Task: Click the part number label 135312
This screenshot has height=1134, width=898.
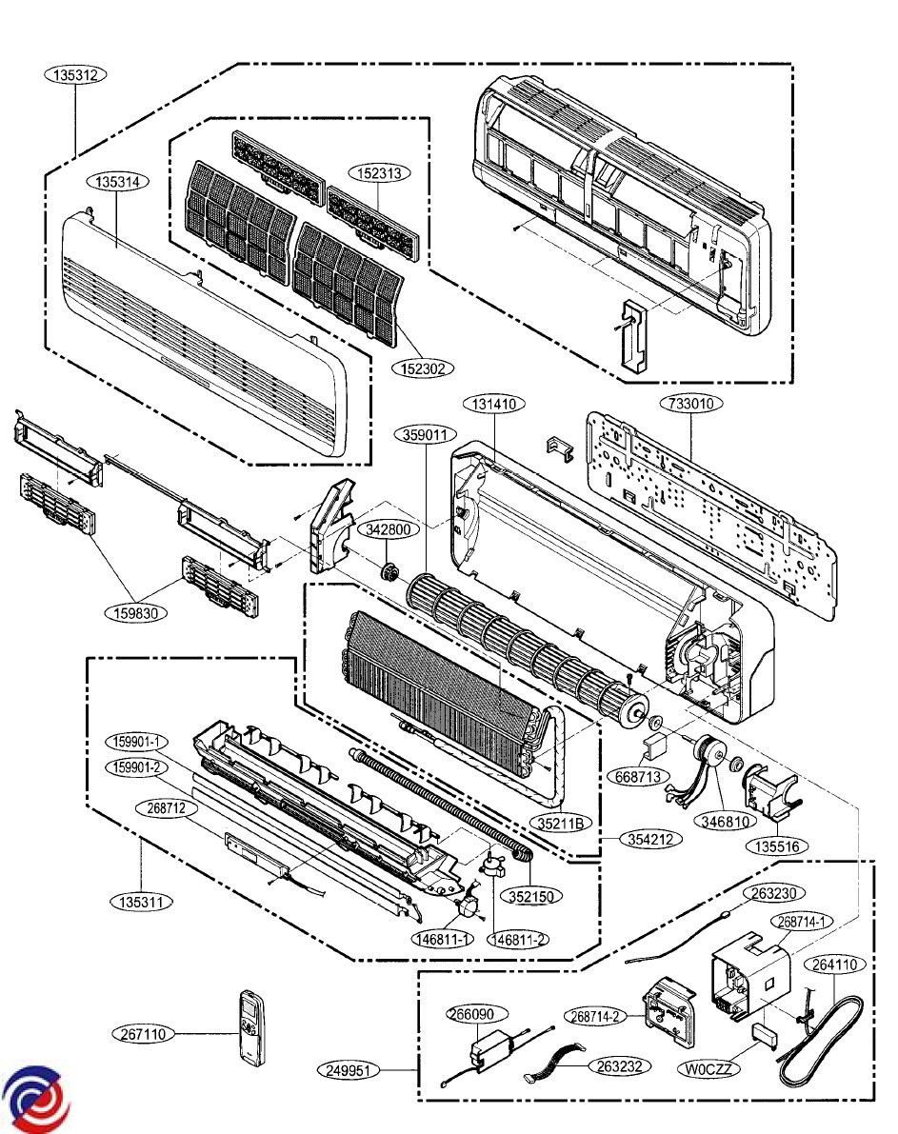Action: point(75,74)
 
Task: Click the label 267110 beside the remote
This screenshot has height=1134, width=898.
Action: point(145,1033)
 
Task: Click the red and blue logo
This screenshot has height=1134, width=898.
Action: point(35,1097)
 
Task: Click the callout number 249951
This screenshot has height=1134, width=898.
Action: point(348,1070)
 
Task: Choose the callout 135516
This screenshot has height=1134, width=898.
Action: point(777,845)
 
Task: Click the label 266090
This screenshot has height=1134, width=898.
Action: point(477,1014)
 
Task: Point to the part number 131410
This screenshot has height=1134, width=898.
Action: point(495,404)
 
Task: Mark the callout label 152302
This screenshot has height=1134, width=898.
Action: point(423,367)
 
